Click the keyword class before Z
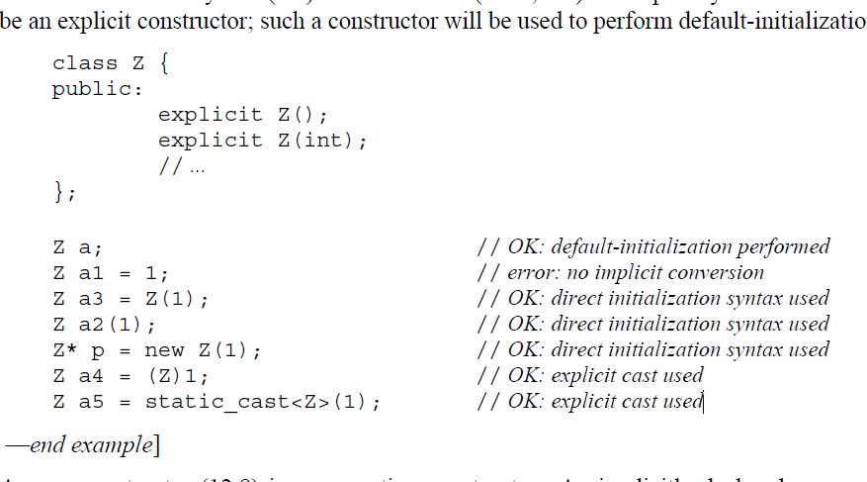click(84, 63)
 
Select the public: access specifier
click(97, 89)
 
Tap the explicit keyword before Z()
click(210, 115)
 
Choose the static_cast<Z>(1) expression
click(262, 402)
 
